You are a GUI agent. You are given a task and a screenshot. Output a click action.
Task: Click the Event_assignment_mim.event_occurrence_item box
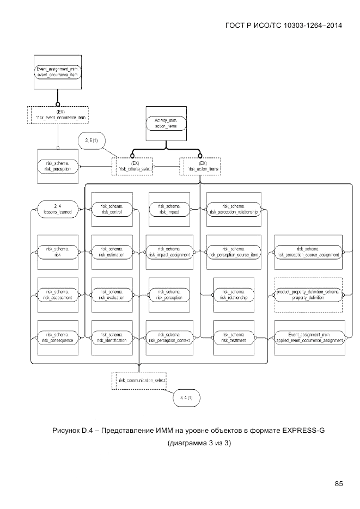57,72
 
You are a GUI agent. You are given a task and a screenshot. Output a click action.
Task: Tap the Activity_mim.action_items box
166,123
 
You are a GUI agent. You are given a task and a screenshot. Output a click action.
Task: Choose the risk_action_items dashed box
200,166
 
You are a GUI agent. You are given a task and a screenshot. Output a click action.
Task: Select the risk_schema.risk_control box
112,208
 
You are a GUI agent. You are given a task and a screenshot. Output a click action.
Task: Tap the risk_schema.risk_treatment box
234,337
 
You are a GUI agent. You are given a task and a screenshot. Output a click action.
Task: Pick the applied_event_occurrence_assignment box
308,337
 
